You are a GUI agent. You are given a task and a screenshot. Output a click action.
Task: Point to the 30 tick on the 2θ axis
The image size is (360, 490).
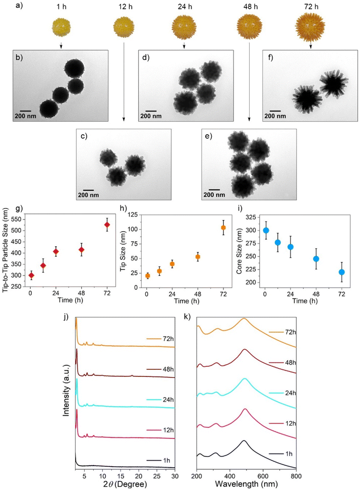[x=174, y=475]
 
